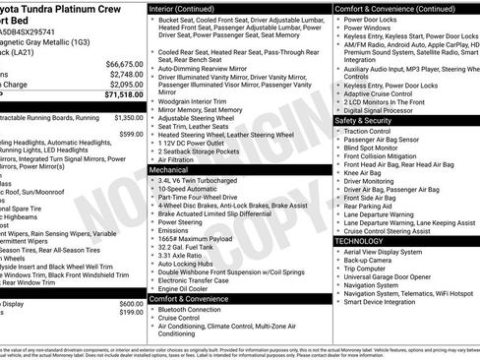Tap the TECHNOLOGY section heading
coord(359,240)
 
